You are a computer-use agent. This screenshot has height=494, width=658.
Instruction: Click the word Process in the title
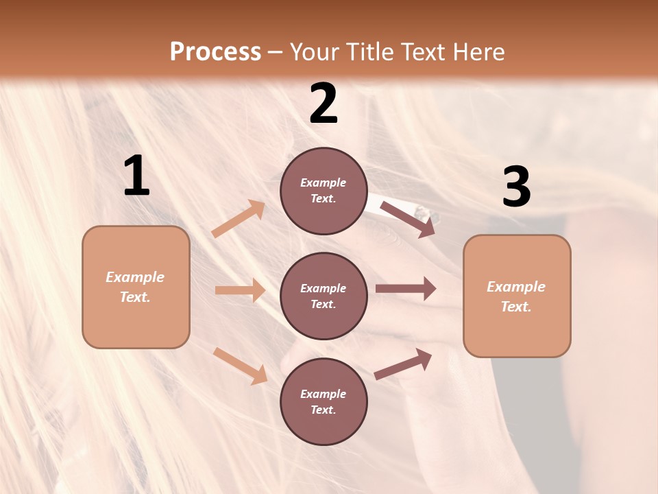(x=215, y=52)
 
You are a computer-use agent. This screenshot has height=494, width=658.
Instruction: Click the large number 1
(x=136, y=176)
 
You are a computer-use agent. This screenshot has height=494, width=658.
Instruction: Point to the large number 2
(x=324, y=104)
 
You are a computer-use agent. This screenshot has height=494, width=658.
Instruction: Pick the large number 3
(x=516, y=187)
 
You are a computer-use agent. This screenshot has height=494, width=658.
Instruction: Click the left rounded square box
(x=136, y=287)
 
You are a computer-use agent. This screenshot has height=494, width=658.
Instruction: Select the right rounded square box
(x=517, y=296)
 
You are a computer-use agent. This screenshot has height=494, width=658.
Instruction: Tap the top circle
(x=324, y=191)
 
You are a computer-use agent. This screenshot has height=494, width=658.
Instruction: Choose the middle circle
(x=324, y=296)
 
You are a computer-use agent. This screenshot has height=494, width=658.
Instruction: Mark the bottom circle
(x=324, y=401)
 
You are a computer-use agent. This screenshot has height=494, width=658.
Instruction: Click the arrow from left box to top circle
(x=239, y=219)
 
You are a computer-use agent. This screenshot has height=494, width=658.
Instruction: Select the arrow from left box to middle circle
(x=240, y=290)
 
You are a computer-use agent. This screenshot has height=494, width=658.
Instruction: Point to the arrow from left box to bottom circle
(x=240, y=366)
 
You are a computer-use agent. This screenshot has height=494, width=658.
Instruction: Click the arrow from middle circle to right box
(x=406, y=289)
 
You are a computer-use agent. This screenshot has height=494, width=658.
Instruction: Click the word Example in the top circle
(x=324, y=183)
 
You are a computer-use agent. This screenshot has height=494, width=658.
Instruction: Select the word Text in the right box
(x=515, y=306)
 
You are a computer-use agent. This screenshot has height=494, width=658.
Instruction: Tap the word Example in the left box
(x=135, y=277)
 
